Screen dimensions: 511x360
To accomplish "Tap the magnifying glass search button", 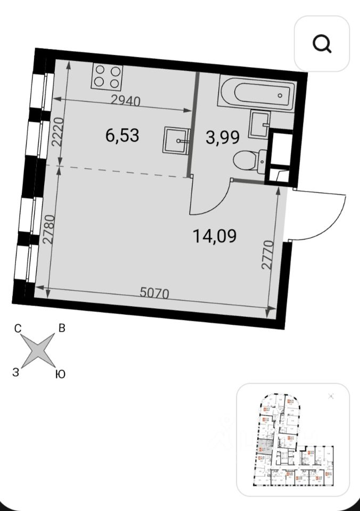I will click(x=322, y=44).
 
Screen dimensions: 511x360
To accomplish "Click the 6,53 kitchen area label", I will click(x=122, y=135).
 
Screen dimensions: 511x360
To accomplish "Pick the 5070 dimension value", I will click(x=154, y=292).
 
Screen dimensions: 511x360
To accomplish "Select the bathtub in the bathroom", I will click(x=255, y=94).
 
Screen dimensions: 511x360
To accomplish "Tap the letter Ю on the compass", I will click(x=60, y=375).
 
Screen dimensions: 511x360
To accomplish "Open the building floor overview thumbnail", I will click(x=292, y=439).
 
